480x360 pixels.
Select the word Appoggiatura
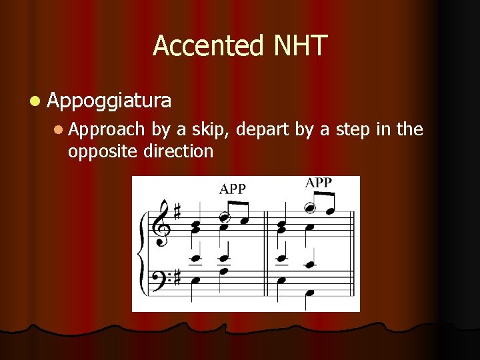coord(109,101)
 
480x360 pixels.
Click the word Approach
coord(106,129)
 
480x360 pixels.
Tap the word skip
coord(209,129)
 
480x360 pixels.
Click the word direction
coord(178,151)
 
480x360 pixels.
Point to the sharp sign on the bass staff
coord(177,277)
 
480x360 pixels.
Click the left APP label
coord(233,189)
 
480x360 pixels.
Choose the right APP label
coord(319,183)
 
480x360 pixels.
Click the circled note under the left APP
coord(225,217)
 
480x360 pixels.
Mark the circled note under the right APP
coord(310,207)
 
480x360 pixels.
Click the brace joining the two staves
coord(140,253)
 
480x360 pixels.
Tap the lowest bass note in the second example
coord(309,293)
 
